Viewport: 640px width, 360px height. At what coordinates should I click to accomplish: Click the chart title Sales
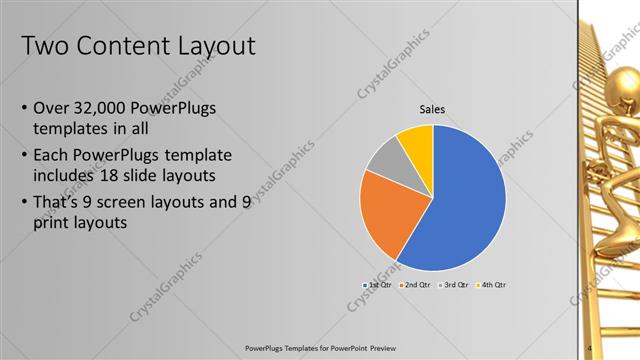click(432, 109)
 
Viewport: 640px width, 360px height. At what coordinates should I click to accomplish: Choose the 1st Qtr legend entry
click(377, 285)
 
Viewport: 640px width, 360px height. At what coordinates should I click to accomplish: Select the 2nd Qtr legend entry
click(415, 285)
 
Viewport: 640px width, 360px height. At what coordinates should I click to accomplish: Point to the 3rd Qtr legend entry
click(453, 285)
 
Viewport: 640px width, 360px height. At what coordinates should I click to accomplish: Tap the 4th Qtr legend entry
click(491, 285)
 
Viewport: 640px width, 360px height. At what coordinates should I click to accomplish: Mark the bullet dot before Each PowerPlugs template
click(24, 155)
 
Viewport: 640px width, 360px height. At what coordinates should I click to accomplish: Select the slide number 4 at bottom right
click(590, 348)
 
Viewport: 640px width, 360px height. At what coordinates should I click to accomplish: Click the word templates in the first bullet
click(71, 129)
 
